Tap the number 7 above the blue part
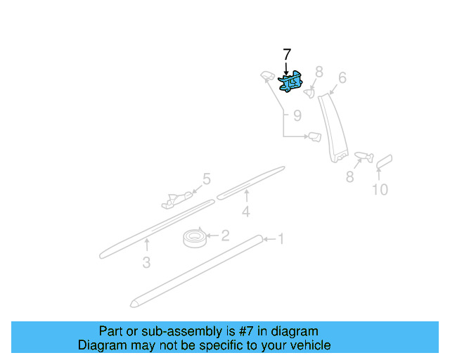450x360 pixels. (x=286, y=55)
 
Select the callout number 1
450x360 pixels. (x=280, y=240)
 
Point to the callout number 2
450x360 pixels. (x=225, y=236)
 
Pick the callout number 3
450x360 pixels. (x=146, y=263)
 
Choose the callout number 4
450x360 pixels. (x=245, y=211)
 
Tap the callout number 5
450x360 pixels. (x=207, y=179)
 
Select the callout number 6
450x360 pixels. (x=342, y=78)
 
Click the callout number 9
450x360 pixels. (x=297, y=115)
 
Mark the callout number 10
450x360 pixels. (x=379, y=189)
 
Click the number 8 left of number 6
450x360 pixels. (x=319, y=72)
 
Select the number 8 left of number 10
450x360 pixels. (x=349, y=177)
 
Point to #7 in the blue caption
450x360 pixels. (x=243, y=331)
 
